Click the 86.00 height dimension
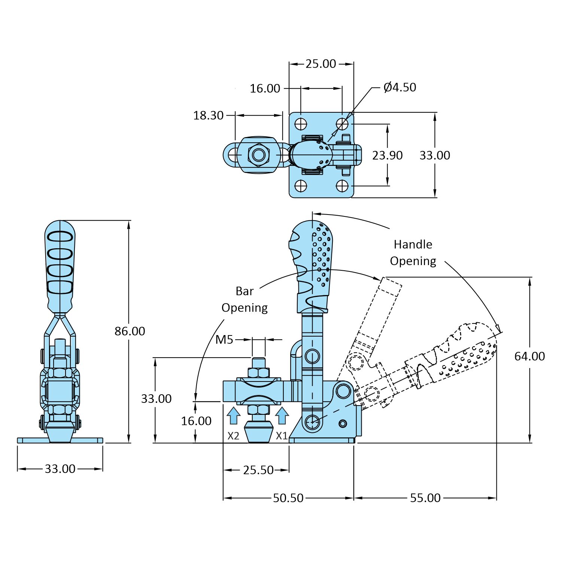[130, 331]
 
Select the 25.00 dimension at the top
[321, 64]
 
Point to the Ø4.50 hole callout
[400, 87]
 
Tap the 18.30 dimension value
[208, 115]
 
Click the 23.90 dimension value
[387, 155]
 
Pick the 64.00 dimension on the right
[529, 356]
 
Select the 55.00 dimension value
[425, 498]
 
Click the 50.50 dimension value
[288, 498]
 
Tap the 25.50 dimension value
[258, 470]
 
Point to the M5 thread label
[224, 340]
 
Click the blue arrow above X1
[282, 416]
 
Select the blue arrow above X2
[234, 416]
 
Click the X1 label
[282, 436]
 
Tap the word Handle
[413, 244]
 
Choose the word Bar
[244, 291]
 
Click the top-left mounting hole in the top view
[301, 124]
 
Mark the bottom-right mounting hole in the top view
[342, 186]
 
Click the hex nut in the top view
[258, 155]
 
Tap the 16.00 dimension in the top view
[265, 88]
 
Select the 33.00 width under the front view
[60, 469]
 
